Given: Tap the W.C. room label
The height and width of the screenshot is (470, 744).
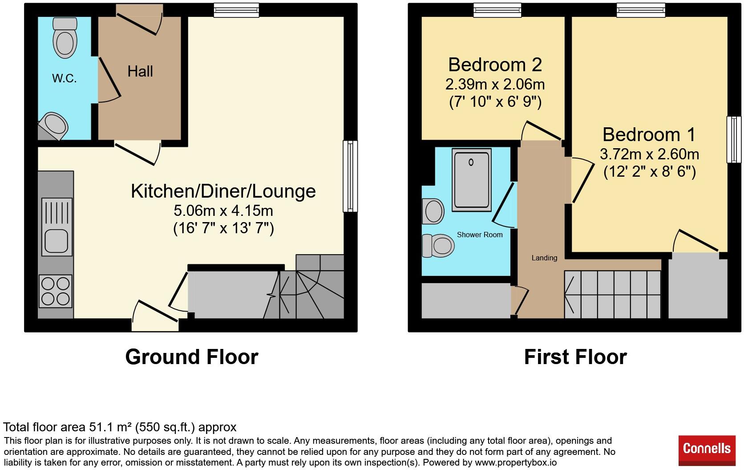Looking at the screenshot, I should [65, 79].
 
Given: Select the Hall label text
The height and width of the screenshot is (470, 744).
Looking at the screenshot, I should [140, 71].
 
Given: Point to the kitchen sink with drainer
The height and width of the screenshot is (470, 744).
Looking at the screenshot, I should [57, 227].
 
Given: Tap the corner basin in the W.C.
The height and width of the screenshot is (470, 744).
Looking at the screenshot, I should [54, 125].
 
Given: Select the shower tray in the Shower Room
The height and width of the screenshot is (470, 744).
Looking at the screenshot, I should [472, 180].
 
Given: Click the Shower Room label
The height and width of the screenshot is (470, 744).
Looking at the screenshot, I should [480, 235].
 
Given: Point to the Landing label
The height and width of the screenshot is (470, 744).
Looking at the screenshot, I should [544, 258].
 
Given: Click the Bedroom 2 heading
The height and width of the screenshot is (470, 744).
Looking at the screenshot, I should [495, 65].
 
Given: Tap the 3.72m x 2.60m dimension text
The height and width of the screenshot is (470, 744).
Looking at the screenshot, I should [649, 154].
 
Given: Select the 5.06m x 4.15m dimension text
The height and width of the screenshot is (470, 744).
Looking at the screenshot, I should [223, 210].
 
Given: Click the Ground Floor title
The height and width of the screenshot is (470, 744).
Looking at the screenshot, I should [191, 357].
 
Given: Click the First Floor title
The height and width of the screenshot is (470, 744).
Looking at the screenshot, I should [575, 357].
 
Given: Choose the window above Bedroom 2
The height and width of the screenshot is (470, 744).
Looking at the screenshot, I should [497, 10].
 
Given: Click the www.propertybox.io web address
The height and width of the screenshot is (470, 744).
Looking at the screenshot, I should [515, 462].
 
